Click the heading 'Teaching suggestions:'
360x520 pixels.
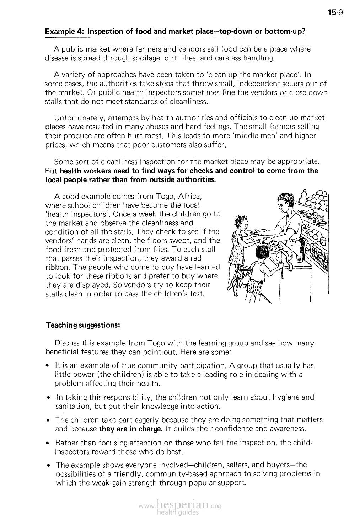(82, 325)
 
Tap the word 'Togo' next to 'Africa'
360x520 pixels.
(165, 196)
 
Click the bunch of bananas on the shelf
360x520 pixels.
(320, 221)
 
